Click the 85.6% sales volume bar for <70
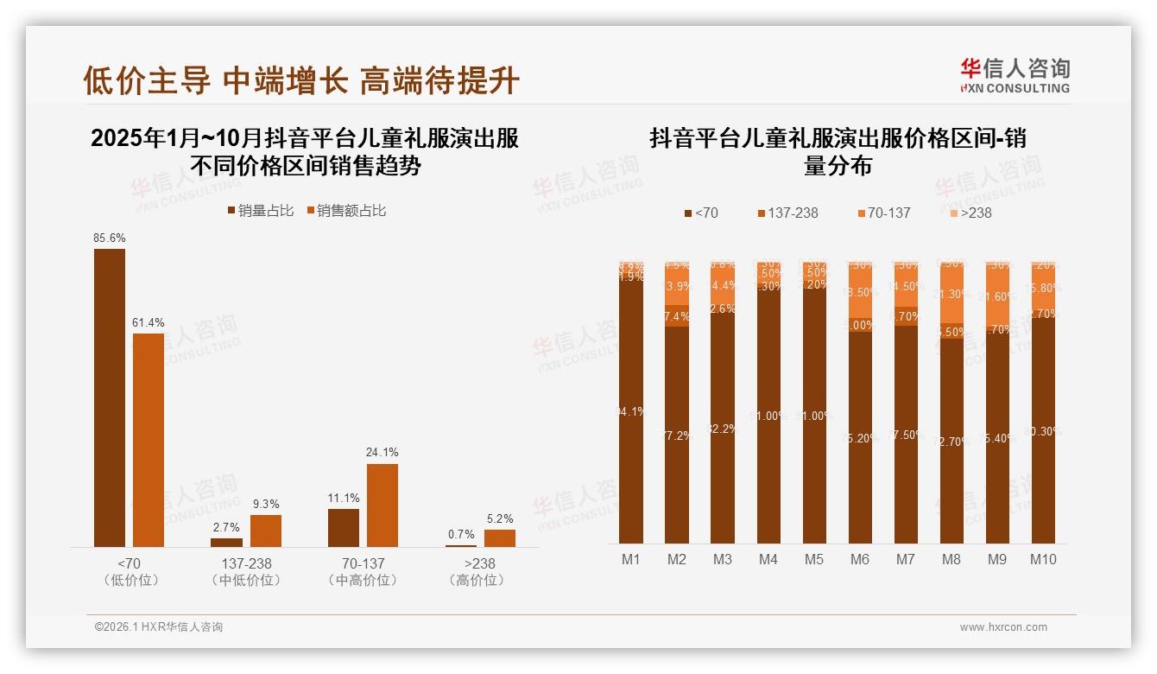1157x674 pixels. click(x=110, y=397)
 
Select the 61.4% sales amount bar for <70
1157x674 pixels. click(x=149, y=440)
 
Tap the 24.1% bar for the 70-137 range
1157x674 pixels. click(x=383, y=505)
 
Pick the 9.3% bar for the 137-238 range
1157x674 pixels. click(x=266, y=531)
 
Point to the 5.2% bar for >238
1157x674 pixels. click(x=500, y=537)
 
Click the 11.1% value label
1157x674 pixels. click(x=344, y=499)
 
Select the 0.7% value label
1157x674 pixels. click(x=461, y=535)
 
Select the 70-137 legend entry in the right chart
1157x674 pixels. click(x=883, y=213)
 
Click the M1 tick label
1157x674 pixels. click(x=631, y=559)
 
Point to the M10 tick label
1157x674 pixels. click(x=1043, y=559)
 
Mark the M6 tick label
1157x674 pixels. click(x=860, y=559)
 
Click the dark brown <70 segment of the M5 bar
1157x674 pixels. click(x=814, y=415)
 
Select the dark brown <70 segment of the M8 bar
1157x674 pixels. click(x=952, y=441)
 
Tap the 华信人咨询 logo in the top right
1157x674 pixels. click(x=1015, y=75)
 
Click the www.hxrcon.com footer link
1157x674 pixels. click(x=1003, y=627)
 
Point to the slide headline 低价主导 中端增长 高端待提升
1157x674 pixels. click(x=301, y=80)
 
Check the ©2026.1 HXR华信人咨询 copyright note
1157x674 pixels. click(x=159, y=627)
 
